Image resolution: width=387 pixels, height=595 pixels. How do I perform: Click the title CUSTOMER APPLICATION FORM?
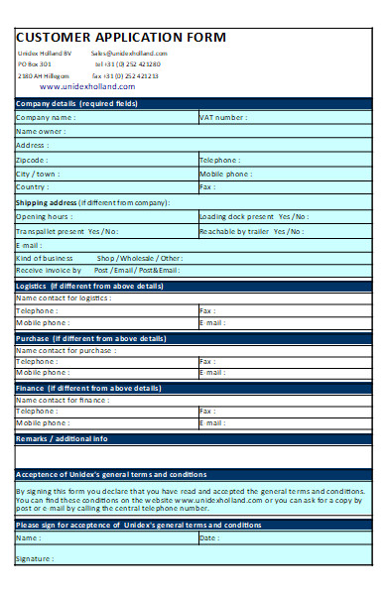pyautogui.click(x=121, y=38)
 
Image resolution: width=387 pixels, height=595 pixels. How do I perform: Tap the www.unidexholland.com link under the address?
pyautogui.click(x=87, y=86)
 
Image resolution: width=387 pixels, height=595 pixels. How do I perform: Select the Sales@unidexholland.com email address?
pyautogui.click(x=129, y=54)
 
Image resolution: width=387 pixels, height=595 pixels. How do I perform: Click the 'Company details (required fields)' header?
pyautogui.click(x=75, y=103)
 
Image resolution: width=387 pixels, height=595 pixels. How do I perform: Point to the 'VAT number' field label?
pyautogui.click(x=223, y=117)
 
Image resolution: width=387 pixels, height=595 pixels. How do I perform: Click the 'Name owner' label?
pyautogui.click(x=40, y=131)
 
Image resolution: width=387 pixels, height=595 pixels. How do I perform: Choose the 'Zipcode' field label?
pyautogui.click(x=32, y=160)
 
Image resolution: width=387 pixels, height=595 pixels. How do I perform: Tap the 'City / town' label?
pyautogui.click(x=37, y=174)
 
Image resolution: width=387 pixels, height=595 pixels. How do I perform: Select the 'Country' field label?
pyautogui.click(x=32, y=187)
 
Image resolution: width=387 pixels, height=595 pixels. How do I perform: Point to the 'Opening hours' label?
pyautogui.click(x=44, y=216)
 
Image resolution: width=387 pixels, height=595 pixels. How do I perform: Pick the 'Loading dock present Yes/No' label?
pyautogui.click(x=253, y=216)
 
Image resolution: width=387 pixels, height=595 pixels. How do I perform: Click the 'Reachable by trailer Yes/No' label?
pyautogui.click(x=251, y=231)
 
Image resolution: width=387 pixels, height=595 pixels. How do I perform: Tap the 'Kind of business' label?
pyautogui.click(x=45, y=258)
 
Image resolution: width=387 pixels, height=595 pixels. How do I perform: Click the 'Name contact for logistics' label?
pyautogui.click(x=63, y=297)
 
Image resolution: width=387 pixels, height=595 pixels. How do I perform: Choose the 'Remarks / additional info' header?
pyautogui.click(x=62, y=438)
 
